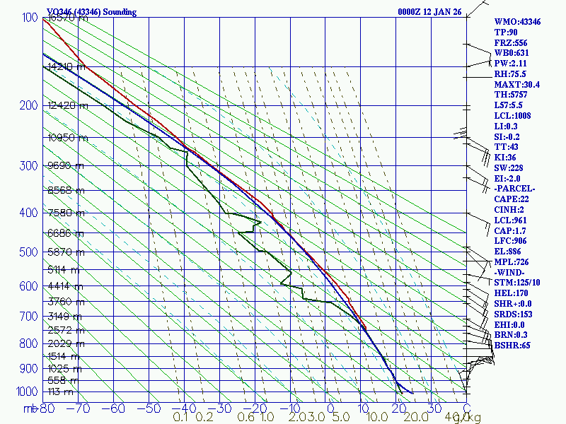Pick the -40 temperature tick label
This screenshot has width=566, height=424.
(x=184, y=408)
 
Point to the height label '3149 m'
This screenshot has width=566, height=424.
(x=63, y=316)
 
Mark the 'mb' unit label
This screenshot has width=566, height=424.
(x=32, y=408)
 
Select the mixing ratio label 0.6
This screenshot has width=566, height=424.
(x=246, y=418)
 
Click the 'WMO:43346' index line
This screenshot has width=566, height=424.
(x=517, y=23)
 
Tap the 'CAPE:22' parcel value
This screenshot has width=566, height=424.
(x=513, y=200)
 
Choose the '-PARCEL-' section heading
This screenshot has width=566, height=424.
(x=514, y=189)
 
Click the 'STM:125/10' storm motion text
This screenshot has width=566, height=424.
(x=517, y=283)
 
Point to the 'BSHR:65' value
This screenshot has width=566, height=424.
(x=513, y=346)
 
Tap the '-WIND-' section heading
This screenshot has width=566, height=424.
(x=511, y=272)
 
